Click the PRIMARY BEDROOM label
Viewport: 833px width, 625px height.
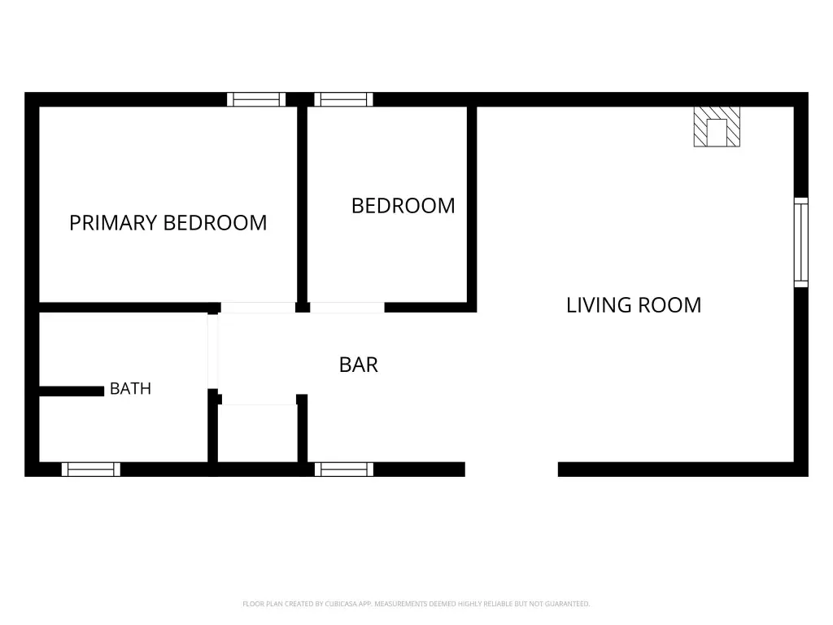(x=168, y=223)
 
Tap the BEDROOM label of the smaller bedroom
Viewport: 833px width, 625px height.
(x=403, y=206)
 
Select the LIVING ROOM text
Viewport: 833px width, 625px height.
(x=634, y=305)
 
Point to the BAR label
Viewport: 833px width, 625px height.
(x=359, y=365)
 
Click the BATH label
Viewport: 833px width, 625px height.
(x=131, y=388)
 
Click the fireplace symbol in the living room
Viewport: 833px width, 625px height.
(x=717, y=126)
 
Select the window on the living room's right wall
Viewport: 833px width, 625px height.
(x=801, y=243)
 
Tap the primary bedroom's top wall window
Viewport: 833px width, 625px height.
(x=256, y=99)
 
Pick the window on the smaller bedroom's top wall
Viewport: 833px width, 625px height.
(x=344, y=99)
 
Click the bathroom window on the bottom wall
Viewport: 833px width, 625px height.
(x=91, y=470)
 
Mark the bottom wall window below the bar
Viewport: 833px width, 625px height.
(x=344, y=470)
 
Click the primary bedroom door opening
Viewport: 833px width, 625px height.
(x=258, y=308)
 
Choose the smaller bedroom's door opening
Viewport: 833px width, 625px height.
(x=347, y=308)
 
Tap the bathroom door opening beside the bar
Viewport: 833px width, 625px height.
(x=212, y=352)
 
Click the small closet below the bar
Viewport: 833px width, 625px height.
(x=258, y=433)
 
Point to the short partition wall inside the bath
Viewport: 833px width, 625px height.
(x=72, y=391)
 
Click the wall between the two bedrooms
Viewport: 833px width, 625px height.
(x=303, y=204)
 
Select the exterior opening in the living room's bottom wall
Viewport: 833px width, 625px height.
(x=512, y=470)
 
